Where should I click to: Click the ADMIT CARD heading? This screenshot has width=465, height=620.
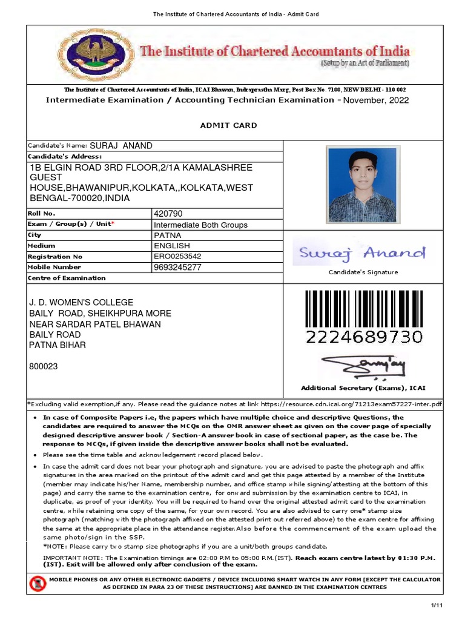click(228, 125)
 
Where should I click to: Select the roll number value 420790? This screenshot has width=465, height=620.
click(168, 214)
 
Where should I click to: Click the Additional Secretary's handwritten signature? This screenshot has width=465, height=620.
click(363, 366)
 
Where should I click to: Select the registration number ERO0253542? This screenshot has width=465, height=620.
click(177, 256)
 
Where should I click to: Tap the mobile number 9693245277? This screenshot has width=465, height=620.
click(177, 267)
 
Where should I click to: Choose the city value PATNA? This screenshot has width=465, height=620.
click(167, 235)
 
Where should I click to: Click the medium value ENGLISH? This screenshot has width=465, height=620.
click(172, 246)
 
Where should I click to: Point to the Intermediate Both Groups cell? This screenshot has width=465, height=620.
click(201, 225)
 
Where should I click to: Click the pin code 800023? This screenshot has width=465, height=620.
click(44, 366)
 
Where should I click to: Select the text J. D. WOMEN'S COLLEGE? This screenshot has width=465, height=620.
click(82, 303)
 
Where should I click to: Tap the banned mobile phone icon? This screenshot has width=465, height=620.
click(38, 584)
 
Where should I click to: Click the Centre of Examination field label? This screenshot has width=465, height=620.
click(67, 278)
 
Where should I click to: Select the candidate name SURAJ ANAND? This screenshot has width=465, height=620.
click(121, 146)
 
